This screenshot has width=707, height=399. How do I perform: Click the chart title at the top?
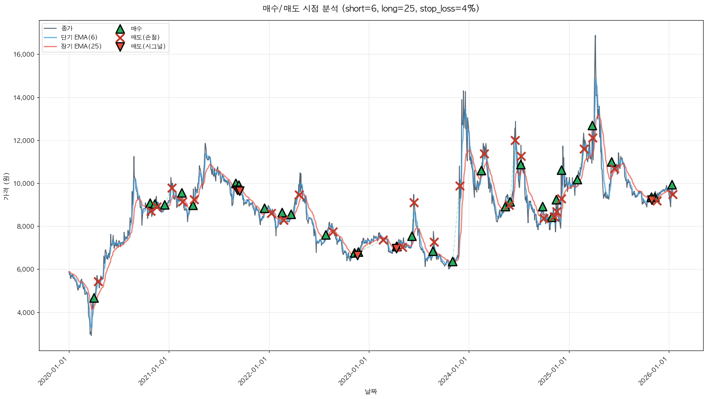click(371, 9)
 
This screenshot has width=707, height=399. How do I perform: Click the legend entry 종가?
click(67, 28)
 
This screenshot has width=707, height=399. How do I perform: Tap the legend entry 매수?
click(136, 28)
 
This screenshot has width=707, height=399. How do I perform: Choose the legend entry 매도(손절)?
click(145, 37)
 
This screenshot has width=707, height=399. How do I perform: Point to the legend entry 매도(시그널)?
click(148, 46)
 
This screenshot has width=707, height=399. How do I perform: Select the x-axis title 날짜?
click(371, 391)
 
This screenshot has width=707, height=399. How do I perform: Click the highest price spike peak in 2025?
click(595, 36)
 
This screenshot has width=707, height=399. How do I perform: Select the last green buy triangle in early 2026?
click(672, 185)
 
